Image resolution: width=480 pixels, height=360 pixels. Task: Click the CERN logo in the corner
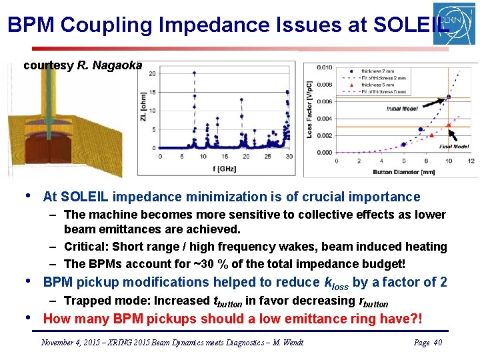coord(454,23)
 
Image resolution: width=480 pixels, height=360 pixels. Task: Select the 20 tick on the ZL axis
coord(152,74)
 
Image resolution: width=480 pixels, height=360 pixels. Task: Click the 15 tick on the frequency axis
coord(225,157)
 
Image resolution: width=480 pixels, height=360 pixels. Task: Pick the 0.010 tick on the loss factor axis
coord(324,67)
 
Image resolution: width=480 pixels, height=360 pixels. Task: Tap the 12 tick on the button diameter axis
coord(471,161)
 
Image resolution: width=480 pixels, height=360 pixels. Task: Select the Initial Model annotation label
coord(402,109)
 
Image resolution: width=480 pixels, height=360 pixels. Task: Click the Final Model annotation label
coord(455,147)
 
